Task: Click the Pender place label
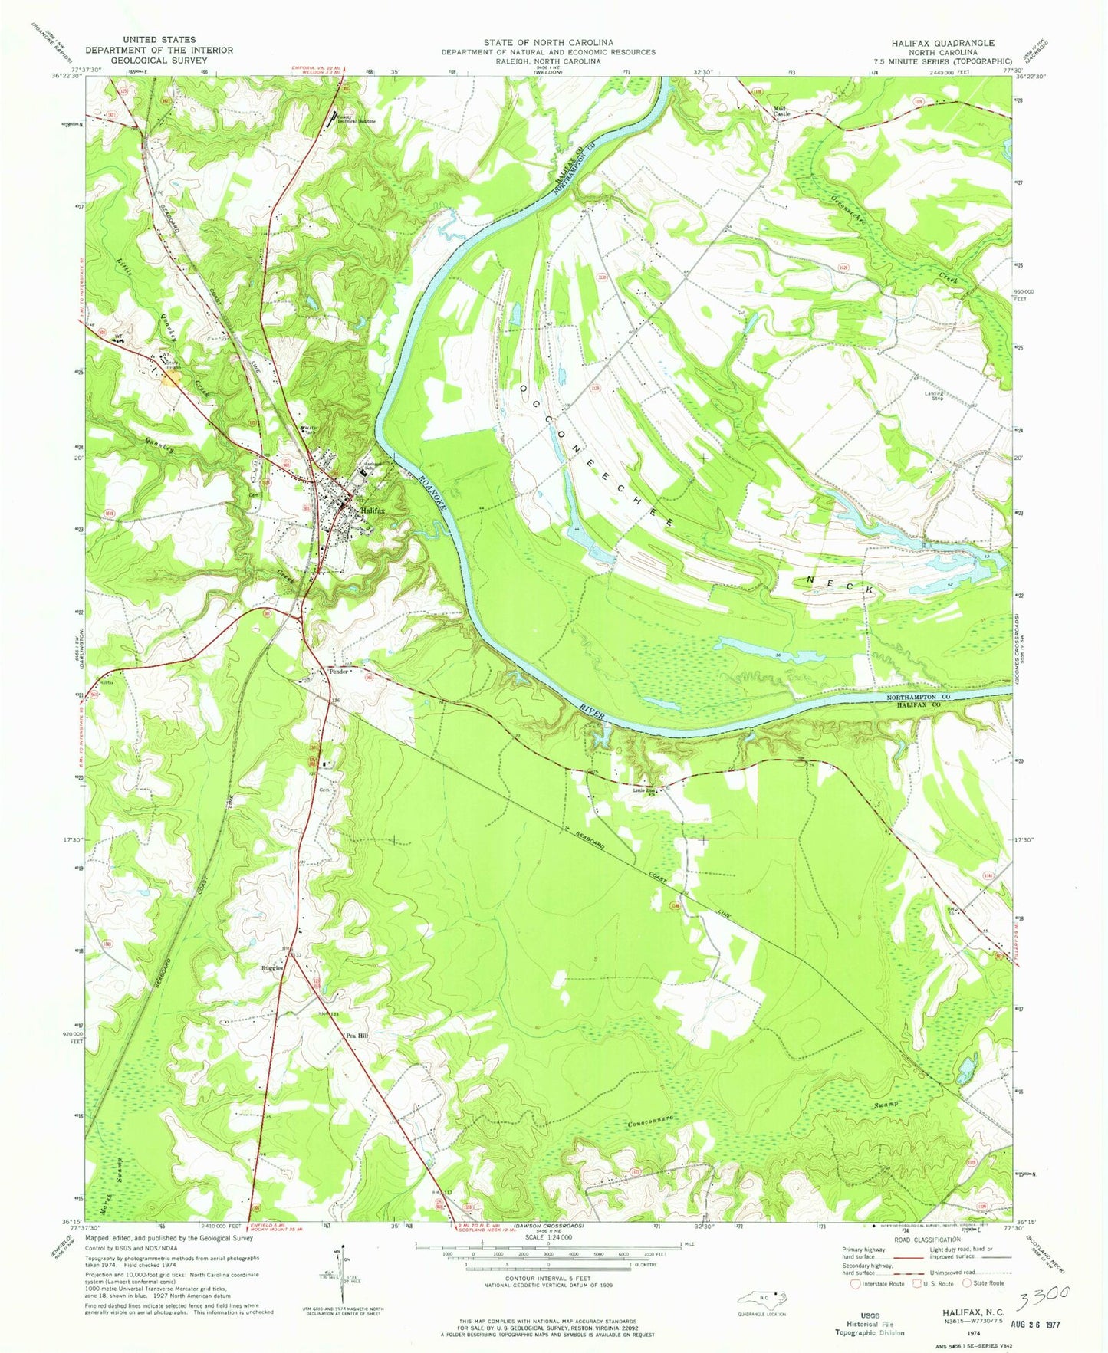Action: (x=339, y=671)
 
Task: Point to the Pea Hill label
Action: (x=357, y=1036)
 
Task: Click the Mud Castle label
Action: (x=781, y=110)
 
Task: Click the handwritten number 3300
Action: (x=1043, y=1297)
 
